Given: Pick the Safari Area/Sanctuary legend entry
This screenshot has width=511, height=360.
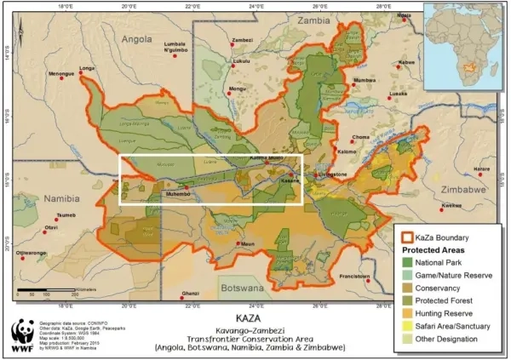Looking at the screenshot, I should (x=464, y=325).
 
